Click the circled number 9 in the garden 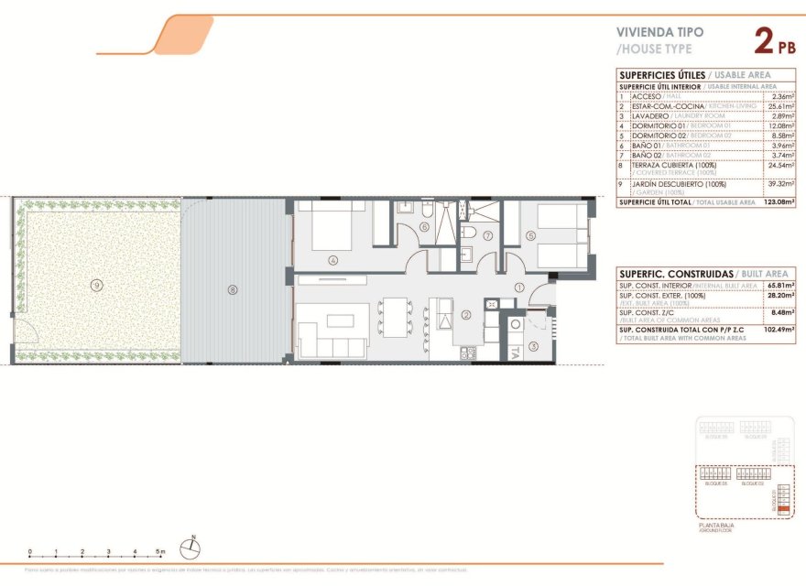coord(96,285)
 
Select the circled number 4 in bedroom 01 coord(333,260)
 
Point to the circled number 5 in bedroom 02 coord(531,235)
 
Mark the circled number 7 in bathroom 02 coord(488,235)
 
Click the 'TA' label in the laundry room coord(516,351)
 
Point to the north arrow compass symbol coord(191,547)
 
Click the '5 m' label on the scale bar coord(160,553)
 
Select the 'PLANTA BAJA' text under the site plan coord(716,525)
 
